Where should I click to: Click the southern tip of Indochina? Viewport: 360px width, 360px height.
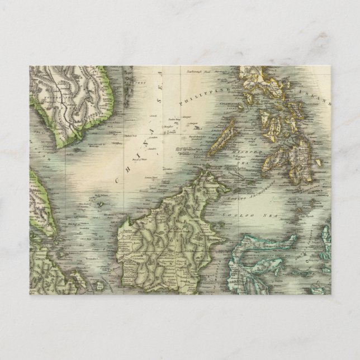(69, 146)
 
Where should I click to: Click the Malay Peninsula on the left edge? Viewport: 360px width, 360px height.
(42, 201)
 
